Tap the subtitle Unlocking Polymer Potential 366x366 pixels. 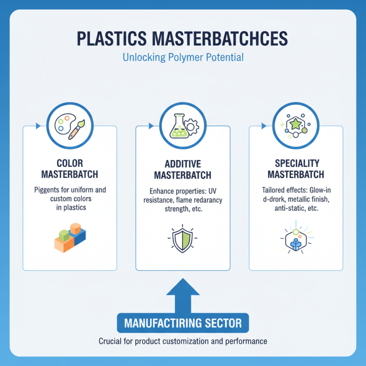click(x=183, y=58)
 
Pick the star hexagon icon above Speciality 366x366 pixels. click(x=296, y=124)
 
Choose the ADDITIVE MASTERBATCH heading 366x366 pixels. click(x=183, y=170)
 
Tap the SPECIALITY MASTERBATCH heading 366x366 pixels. click(x=296, y=169)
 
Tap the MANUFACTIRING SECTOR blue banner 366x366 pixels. click(x=183, y=323)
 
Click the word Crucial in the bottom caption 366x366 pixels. click(x=111, y=341)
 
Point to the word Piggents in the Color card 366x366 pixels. click(x=49, y=189)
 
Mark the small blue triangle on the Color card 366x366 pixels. click(x=38, y=125)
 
